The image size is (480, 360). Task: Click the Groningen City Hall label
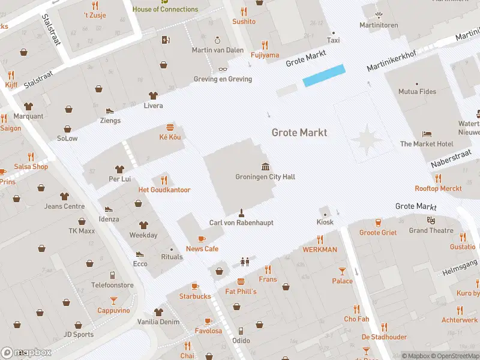pos(265,177)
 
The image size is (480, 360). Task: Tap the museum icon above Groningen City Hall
pos(265,166)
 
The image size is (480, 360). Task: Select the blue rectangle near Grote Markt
pos(324,76)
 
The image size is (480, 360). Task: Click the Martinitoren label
pos(379,25)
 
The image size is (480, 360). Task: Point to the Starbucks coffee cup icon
pos(195,286)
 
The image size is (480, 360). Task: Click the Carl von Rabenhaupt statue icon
pos(241,212)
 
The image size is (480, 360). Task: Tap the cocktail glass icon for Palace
pos(342,271)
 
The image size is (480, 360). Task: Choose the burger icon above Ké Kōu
pos(170,127)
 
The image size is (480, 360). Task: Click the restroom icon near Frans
pos(244,262)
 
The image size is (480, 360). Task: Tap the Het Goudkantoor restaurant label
pos(164,190)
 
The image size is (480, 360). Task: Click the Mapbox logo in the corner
pos(26,353)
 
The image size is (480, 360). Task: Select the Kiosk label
pos(325,223)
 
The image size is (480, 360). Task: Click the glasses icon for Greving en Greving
pos(223,69)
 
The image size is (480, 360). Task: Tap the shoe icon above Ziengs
pos(110,110)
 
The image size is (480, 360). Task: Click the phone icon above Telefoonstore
pos(112,275)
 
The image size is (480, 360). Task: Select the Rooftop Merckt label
pos(438,188)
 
